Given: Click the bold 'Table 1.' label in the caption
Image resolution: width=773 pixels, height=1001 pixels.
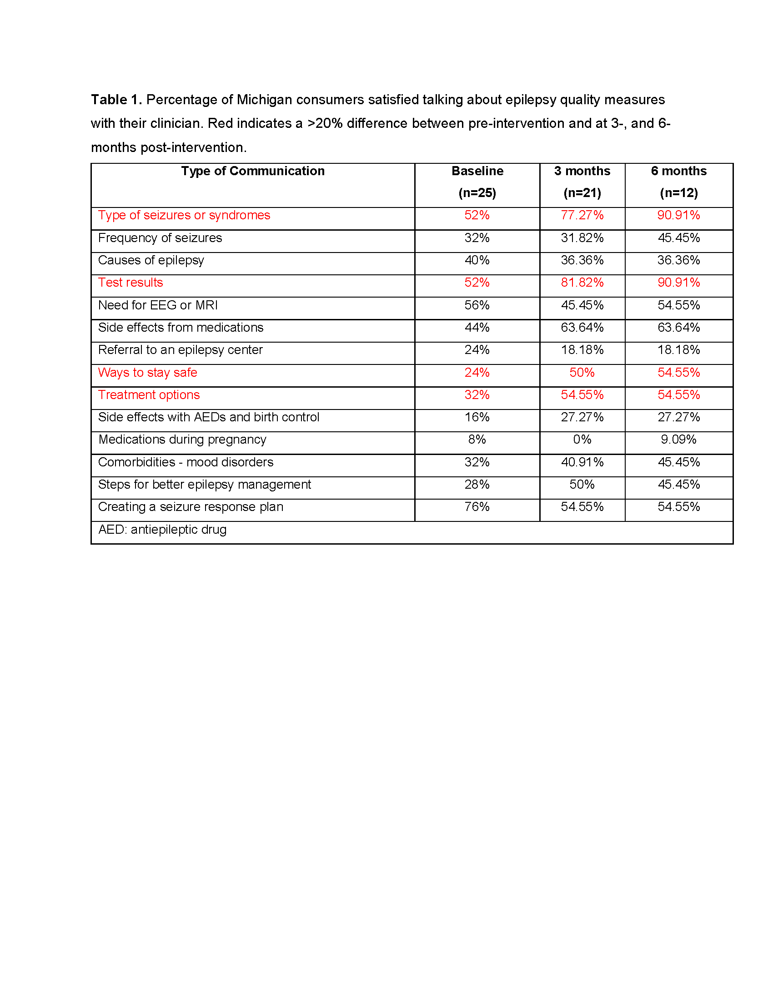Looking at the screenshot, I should pos(116,100).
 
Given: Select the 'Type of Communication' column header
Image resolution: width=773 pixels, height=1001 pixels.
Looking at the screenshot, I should pos(252,171).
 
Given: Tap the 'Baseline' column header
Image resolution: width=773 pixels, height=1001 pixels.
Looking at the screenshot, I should pos(477,171).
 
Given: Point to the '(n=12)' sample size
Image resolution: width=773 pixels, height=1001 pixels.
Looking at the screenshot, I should pos(678,193).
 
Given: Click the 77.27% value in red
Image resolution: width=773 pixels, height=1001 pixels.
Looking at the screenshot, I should pos(582,215).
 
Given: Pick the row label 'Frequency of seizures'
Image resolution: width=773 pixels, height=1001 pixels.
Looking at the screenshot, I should pos(160,238).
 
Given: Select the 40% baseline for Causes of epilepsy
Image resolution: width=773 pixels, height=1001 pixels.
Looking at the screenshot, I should pos(477,260).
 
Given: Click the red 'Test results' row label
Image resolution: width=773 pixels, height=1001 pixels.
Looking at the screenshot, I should pos(131,283).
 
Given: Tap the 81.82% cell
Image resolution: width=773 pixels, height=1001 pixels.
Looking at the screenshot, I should pos(582,283).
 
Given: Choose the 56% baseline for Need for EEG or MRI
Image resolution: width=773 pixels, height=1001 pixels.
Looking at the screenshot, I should pos(477,305).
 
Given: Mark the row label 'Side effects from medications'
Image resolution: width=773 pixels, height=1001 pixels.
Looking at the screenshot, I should pos(181,327).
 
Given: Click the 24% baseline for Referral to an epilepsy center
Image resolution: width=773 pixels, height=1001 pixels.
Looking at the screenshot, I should pos(477,350).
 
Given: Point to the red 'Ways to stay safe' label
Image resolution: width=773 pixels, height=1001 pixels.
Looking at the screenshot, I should pos(147,373).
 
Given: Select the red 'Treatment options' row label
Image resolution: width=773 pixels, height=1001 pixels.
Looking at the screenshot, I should pos(149,394).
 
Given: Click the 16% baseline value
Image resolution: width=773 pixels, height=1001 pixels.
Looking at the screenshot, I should pos(477,417).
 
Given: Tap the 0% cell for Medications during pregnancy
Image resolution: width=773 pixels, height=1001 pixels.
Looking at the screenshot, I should pos(582,440).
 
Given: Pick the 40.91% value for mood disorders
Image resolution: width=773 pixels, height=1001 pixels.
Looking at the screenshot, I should pos(582,462).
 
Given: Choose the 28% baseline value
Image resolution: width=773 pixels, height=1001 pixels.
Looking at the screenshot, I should pos(477,485).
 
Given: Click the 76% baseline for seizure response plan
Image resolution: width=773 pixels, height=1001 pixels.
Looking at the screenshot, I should pos(477,506).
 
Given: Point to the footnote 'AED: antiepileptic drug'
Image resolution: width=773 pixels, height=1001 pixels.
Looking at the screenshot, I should pos(162,529).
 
